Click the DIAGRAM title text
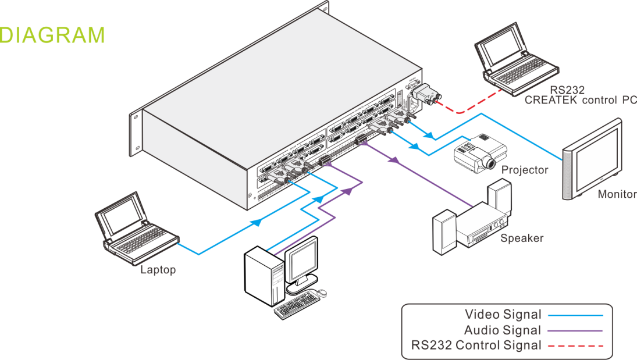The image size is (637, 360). [x=52, y=35]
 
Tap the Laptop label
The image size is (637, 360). [x=158, y=270]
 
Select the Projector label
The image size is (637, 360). [x=525, y=170]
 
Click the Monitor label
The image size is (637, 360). [x=617, y=194]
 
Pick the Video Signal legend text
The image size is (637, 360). [x=503, y=315]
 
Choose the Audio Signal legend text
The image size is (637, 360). [x=502, y=330]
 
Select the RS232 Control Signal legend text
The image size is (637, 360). [x=476, y=345]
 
